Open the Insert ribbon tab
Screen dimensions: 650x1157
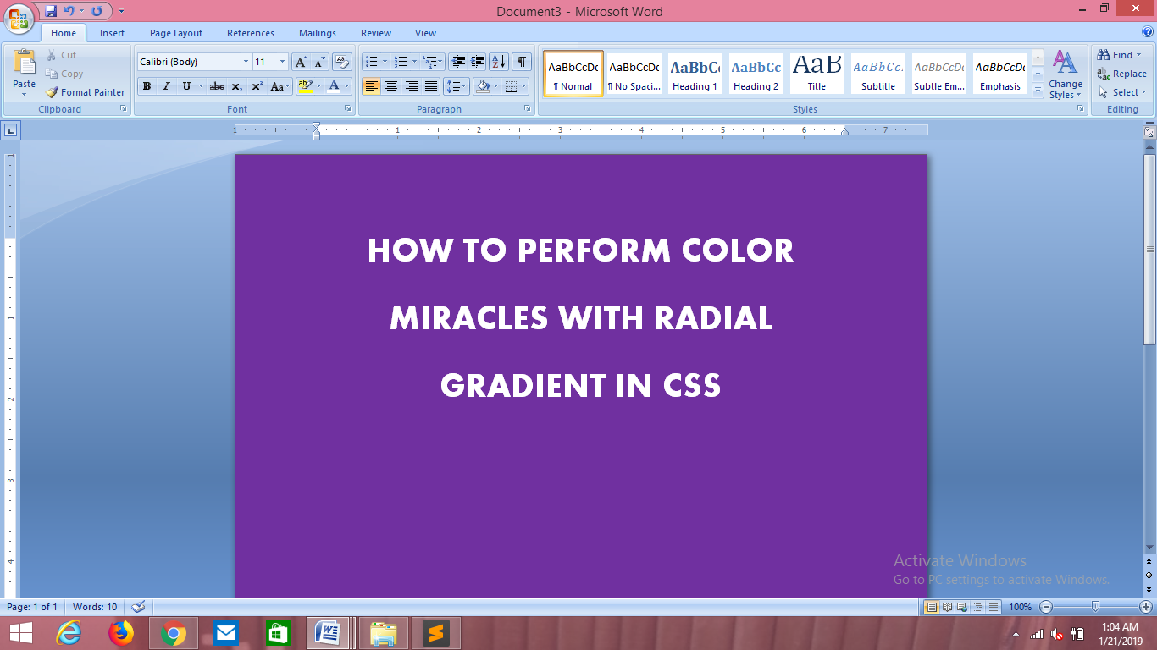112,33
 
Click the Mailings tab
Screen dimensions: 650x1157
318,33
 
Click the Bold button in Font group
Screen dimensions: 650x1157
147,86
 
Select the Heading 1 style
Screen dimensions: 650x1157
695,74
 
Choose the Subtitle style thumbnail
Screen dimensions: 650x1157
877,74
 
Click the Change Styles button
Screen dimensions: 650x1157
1065,74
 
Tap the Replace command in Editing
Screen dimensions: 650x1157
1122,74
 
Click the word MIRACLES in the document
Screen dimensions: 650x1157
469,319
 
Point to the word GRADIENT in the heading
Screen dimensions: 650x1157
523,387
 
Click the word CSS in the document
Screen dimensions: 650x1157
691,387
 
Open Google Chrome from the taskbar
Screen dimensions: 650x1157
174,633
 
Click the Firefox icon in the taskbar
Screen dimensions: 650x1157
121,633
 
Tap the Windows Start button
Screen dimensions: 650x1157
20,633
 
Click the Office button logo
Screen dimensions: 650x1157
19,18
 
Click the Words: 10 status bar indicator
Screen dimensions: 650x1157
95,607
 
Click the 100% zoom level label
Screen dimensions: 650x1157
1020,607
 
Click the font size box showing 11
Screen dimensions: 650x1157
264,62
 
